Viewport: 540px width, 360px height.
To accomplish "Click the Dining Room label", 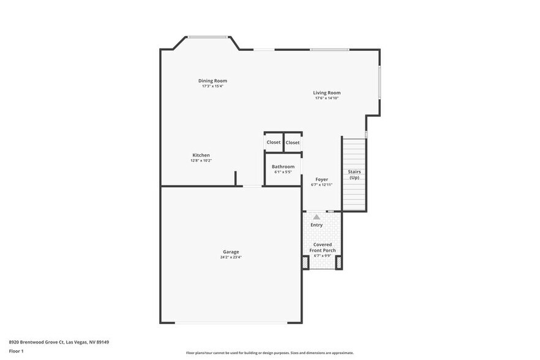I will click(x=212, y=81).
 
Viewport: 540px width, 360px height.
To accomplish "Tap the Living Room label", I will click(x=326, y=93).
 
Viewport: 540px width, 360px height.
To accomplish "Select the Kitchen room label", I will click(x=201, y=156).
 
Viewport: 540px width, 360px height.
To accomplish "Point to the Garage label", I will click(x=231, y=252).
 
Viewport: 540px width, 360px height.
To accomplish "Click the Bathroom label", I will click(x=283, y=167).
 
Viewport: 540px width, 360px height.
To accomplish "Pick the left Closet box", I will click(x=274, y=142).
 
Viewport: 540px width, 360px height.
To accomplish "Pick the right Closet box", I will click(x=293, y=143).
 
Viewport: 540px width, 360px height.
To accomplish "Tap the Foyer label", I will click(x=321, y=179).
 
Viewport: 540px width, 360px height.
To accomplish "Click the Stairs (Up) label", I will click(x=354, y=174).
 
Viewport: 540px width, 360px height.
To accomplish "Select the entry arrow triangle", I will click(x=317, y=217).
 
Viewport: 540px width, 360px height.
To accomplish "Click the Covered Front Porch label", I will click(x=322, y=247).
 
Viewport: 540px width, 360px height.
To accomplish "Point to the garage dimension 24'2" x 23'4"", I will click(x=231, y=257).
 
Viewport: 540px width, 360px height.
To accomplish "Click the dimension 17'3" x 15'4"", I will click(x=212, y=86).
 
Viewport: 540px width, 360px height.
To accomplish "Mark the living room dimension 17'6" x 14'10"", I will click(x=327, y=98).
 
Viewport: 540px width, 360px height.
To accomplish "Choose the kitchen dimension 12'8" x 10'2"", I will click(x=201, y=161).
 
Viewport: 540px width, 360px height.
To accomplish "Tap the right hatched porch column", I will click(x=339, y=263).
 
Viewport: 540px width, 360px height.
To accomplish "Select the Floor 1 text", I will click(x=16, y=351).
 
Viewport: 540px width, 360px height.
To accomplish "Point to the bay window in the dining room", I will click(x=208, y=37).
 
